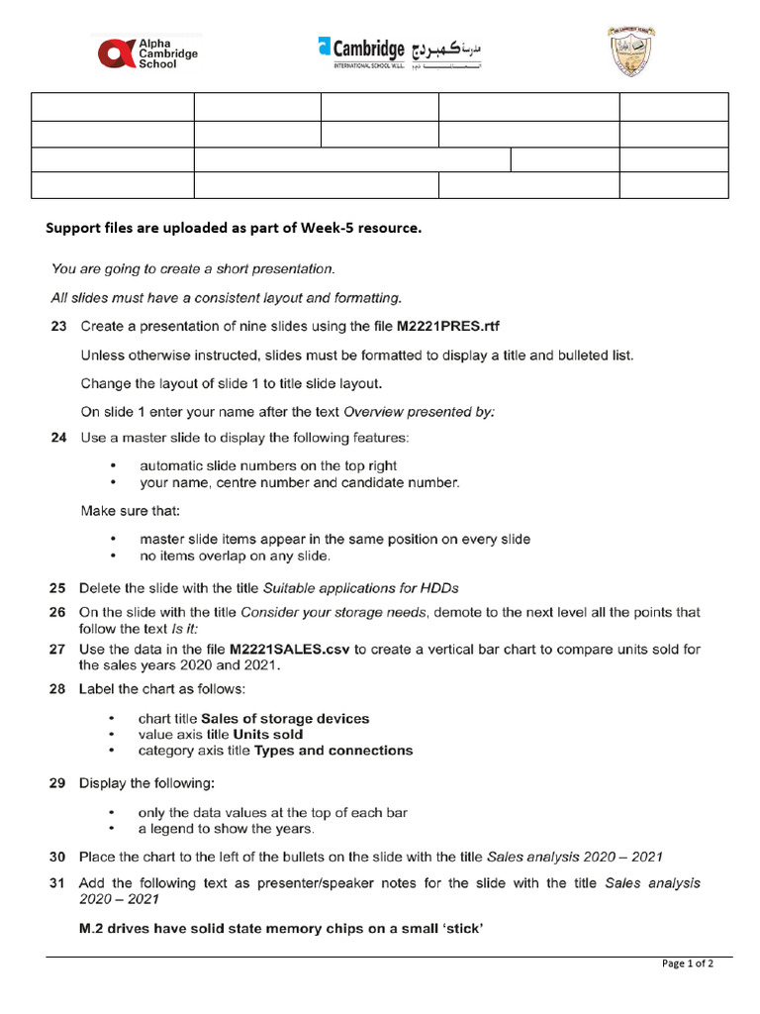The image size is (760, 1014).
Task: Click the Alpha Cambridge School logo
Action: tap(147, 52)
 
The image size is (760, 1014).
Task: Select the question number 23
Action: tap(59, 326)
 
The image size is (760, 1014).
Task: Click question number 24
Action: tap(59, 437)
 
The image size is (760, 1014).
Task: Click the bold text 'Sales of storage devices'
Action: tap(285, 719)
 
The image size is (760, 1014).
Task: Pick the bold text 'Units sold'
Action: tap(268, 735)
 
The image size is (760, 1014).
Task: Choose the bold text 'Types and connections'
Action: tap(333, 751)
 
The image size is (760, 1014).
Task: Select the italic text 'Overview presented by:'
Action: tap(419, 412)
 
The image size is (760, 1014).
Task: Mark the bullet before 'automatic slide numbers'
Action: tap(115, 465)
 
